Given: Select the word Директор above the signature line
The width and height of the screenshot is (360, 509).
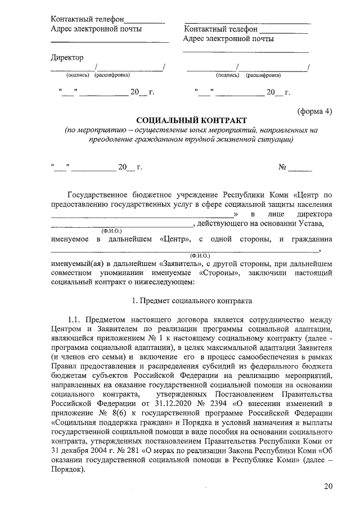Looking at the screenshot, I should pyautogui.click(x=67, y=57).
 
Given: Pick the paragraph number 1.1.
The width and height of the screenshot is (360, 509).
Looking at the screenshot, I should pyautogui.click(x=76, y=320).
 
